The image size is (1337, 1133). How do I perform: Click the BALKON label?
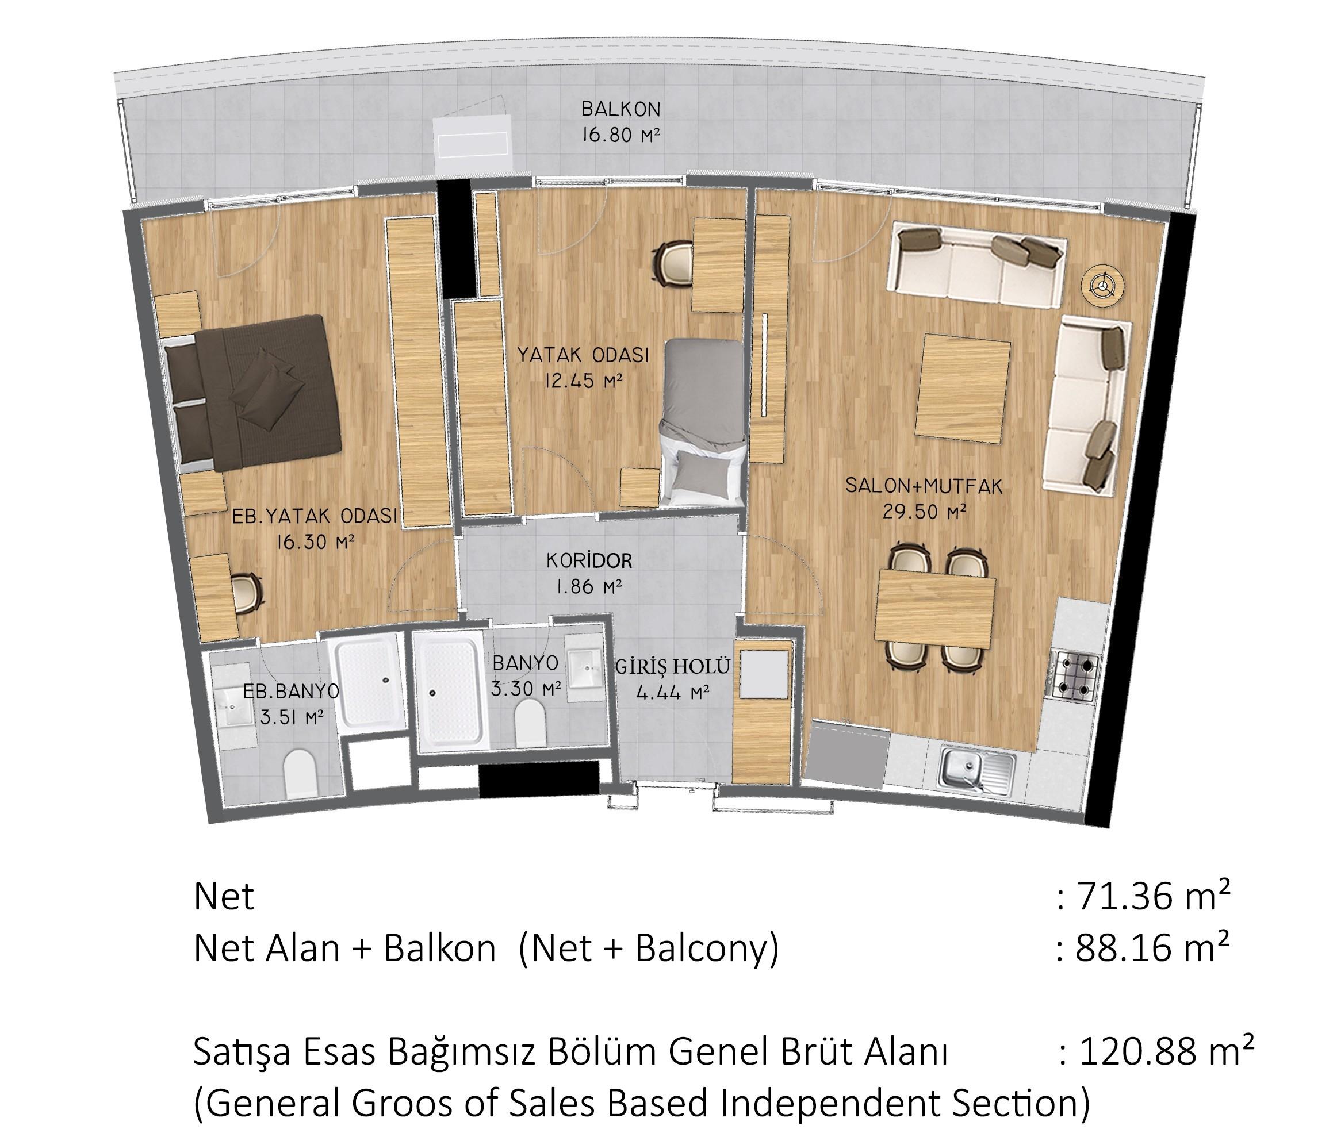tap(620, 109)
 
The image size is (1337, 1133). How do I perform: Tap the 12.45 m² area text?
tap(583, 382)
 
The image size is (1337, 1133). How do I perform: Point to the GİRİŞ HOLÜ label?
tap(673, 667)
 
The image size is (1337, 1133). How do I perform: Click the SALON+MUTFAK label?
tap(924, 486)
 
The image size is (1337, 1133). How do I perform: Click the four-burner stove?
tap(1074, 675)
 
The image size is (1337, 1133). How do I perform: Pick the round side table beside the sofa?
tap(1102, 285)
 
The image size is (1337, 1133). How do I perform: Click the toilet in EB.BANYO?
tap(300, 774)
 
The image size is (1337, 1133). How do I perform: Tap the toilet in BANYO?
tap(530, 722)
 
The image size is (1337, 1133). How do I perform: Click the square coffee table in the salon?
tap(962, 389)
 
